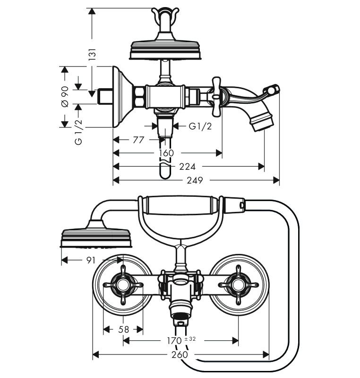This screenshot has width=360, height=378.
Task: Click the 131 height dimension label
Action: point(92,54)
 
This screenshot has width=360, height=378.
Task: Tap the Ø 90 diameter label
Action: point(65,96)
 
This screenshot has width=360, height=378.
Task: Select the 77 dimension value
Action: point(138,140)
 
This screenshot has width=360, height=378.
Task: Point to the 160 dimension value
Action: point(166,153)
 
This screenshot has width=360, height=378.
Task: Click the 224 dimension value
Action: point(187,166)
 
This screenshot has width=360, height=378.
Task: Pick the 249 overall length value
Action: point(195,180)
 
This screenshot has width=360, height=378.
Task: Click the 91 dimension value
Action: point(91,260)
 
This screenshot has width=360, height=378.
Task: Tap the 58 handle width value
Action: point(124,329)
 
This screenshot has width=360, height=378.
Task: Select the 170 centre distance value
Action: point(174,341)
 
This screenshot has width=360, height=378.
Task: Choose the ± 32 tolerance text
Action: point(190,339)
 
